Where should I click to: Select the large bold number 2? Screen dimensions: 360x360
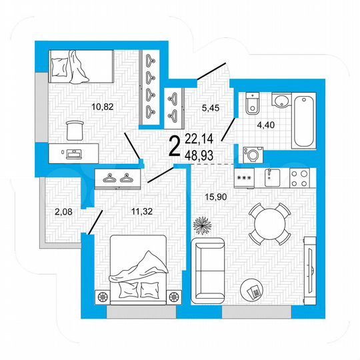[175, 145]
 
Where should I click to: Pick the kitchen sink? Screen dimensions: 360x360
[271, 178]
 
